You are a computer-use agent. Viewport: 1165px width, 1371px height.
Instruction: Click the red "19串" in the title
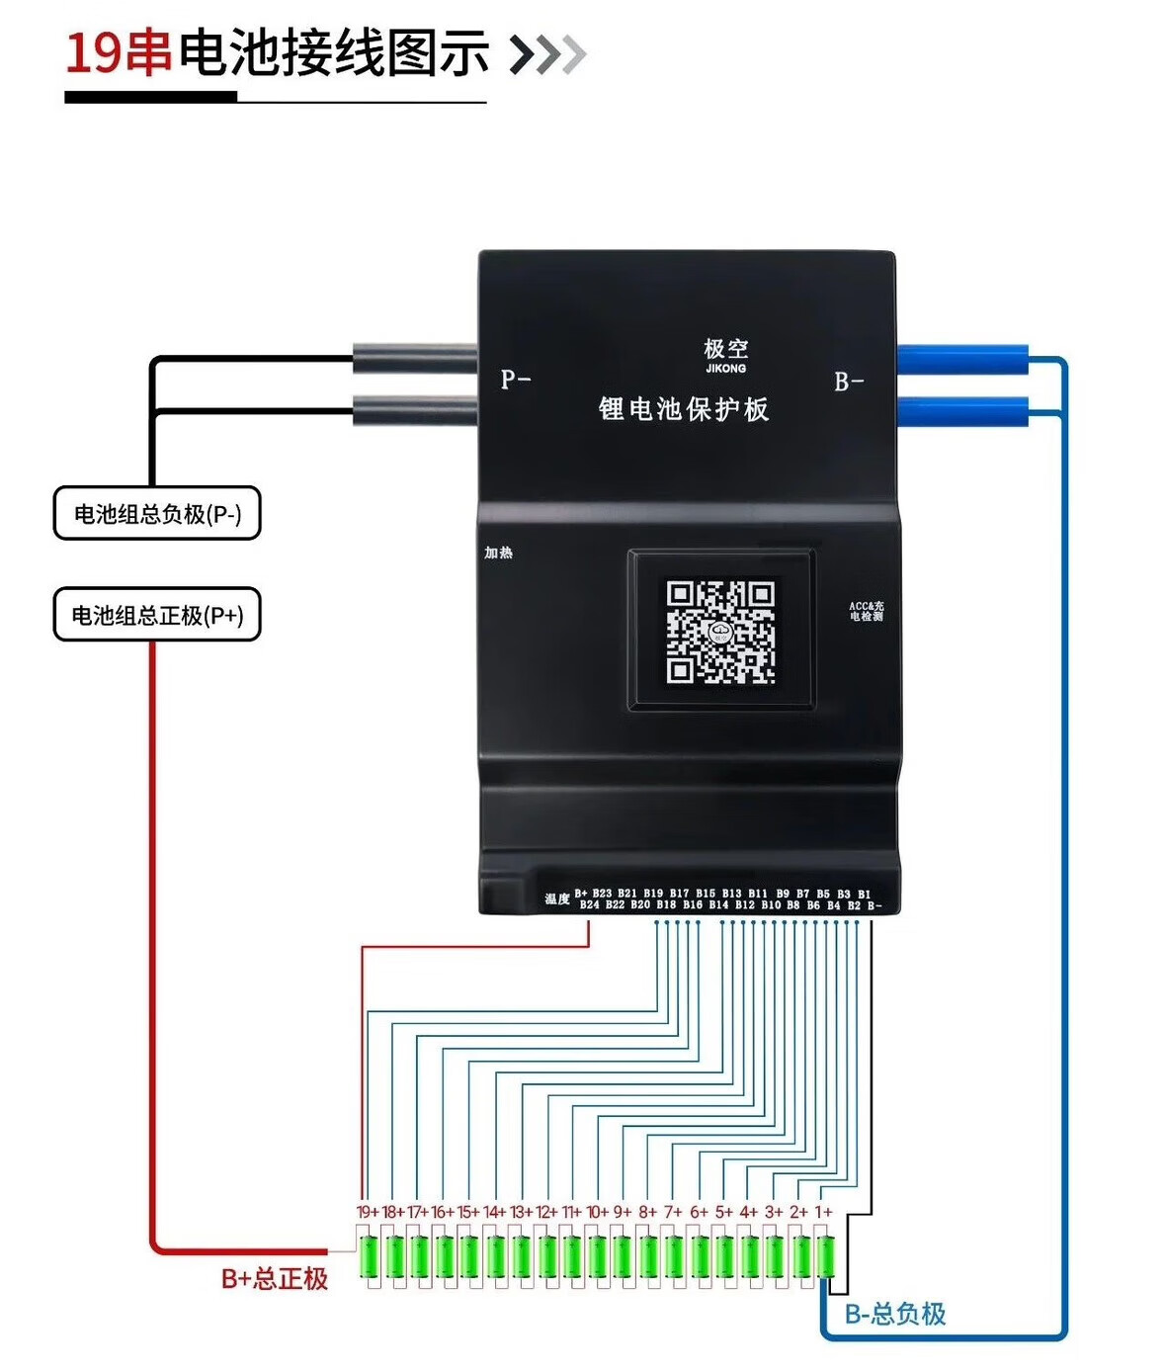click(118, 52)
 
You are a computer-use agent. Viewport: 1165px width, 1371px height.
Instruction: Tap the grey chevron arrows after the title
click(548, 54)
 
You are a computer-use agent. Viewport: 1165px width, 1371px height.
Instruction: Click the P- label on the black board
click(516, 379)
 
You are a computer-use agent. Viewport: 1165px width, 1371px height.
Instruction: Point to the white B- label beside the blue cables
click(849, 382)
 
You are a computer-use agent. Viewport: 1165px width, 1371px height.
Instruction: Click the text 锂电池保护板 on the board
click(683, 409)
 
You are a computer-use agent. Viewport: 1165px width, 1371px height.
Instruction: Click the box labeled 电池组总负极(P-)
click(156, 513)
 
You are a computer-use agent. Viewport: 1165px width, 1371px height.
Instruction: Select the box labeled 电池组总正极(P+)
click(156, 615)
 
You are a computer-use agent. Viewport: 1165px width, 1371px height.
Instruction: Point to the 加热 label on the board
click(498, 553)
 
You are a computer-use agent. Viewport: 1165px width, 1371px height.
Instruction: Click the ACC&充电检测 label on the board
click(867, 611)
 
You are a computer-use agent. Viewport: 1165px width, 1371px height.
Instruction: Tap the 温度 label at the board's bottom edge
click(557, 899)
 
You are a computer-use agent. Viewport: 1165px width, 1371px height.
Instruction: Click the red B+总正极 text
click(274, 1278)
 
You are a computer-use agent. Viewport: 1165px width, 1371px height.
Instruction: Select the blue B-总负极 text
click(895, 1314)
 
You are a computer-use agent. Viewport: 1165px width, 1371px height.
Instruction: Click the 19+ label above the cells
click(368, 1212)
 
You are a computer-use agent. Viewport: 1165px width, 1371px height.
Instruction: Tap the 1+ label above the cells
click(823, 1212)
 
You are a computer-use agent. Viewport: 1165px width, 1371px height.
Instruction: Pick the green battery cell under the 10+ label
click(597, 1257)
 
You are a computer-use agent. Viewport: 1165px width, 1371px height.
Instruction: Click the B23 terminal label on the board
click(602, 894)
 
